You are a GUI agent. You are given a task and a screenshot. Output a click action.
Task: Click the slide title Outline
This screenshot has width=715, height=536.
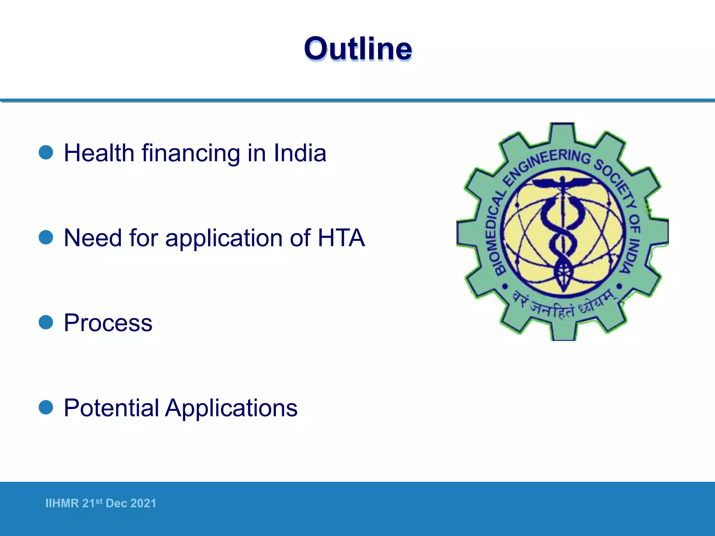(x=358, y=49)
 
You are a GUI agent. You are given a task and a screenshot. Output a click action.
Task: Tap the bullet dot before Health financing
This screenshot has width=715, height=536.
(x=46, y=152)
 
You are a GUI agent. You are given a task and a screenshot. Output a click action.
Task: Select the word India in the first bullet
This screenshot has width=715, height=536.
(x=300, y=153)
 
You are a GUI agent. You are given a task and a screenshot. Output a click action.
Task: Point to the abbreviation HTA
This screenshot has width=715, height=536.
(x=341, y=238)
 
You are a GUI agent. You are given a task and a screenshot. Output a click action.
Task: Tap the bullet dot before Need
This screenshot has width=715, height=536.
(x=46, y=237)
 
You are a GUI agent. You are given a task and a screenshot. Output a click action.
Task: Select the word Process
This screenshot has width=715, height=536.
(x=108, y=323)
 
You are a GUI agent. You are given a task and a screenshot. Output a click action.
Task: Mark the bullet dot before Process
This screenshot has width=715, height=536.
(x=46, y=322)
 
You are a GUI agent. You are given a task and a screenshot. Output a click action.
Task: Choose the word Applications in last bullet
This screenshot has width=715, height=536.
(x=231, y=408)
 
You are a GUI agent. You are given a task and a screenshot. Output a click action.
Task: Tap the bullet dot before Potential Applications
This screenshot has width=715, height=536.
(x=46, y=407)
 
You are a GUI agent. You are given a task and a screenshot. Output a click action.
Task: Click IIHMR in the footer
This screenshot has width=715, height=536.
(x=62, y=503)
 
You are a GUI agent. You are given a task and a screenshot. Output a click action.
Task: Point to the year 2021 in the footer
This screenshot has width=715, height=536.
(x=143, y=503)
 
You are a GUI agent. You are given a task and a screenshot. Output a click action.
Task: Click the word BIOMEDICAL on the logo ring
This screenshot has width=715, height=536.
(x=495, y=234)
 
